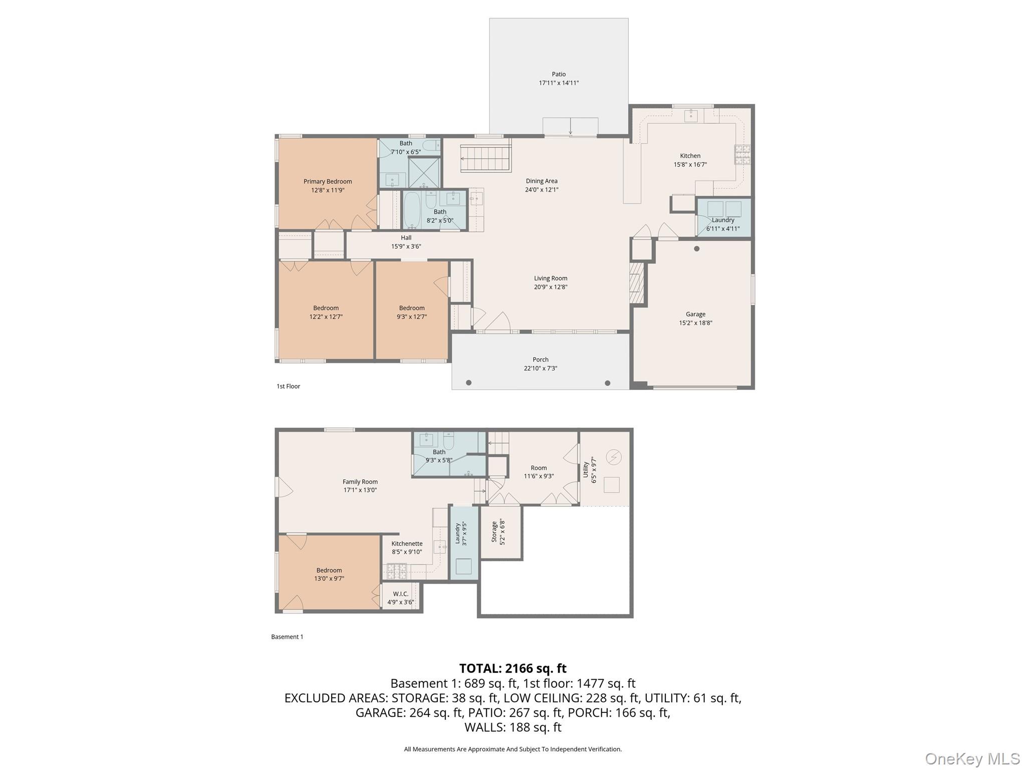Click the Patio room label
[x=559, y=74]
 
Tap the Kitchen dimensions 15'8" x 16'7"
[x=690, y=164]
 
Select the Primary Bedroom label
[x=328, y=181]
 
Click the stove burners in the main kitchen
[x=742, y=154]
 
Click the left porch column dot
[x=469, y=383]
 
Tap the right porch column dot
[x=607, y=383]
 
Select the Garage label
[x=695, y=314]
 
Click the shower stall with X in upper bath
[x=424, y=173]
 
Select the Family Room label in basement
[x=360, y=482]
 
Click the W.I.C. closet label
[x=400, y=594]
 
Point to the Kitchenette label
[x=407, y=543]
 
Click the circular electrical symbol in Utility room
[x=614, y=457]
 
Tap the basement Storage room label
[x=494, y=532]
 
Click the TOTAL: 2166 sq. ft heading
[x=512, y=668]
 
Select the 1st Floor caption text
[x=288, y=386]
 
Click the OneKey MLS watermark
[x=972, y=758]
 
